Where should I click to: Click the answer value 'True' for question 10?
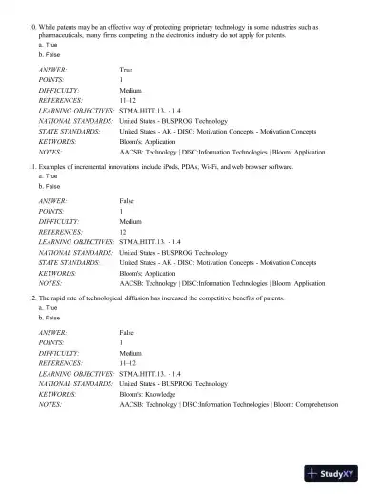pos(126,70)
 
